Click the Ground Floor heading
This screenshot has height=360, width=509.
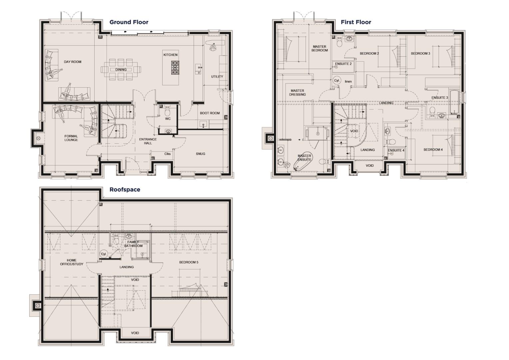click(129, 22)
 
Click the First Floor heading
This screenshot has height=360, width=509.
click(355, 22)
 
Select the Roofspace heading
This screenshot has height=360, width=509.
click(125, 190)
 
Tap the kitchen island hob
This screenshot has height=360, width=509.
click(175, 68)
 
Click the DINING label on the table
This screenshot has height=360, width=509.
click(121, 70)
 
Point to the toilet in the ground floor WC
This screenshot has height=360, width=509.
click(168, 110)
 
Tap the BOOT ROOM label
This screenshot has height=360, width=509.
click(210, 113)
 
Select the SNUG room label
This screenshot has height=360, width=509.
click(200, 154)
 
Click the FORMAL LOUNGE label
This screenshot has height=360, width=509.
click(71, 138)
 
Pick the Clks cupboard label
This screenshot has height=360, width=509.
click(167, 154)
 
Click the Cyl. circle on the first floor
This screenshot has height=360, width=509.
click(337, 81)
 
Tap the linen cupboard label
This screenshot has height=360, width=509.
click(348, 82)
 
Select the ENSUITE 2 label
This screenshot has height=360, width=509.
click(343, 64)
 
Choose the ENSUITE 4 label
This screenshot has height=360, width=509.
click(396, 151)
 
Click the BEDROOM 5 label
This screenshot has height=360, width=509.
click(189, 262)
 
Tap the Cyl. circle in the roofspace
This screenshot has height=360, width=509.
click(104, 254)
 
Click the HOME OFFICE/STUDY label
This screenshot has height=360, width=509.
click(71, 262)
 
